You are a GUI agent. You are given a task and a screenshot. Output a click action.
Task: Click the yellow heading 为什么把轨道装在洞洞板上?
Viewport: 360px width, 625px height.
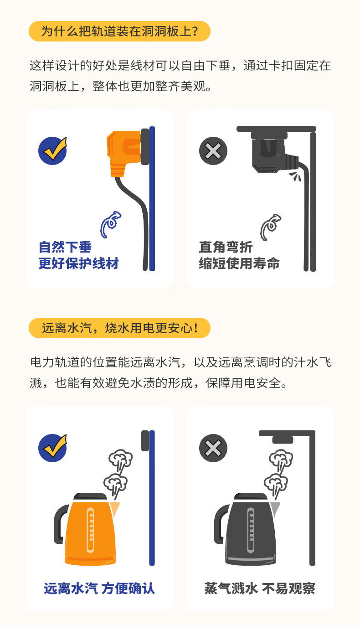(119, 31)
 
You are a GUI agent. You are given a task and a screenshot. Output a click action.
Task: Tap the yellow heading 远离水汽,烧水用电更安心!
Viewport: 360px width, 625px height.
(119, 328)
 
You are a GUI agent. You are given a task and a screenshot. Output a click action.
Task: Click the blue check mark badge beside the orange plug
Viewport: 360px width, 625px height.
(53, 151)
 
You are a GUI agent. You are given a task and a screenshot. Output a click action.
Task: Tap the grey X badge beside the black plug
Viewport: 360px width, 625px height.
(213, 151)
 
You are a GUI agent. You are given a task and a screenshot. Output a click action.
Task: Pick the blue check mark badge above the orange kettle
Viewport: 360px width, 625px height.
(53, 448)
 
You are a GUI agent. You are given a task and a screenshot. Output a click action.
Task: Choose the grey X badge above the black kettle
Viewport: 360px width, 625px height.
(213, 448)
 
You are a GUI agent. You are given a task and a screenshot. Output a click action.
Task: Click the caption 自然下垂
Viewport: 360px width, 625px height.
(65, 247)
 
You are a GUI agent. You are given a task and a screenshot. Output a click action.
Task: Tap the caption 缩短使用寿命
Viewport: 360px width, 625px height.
(239, 263)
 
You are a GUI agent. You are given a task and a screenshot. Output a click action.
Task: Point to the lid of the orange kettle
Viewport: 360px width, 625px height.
(90, 497)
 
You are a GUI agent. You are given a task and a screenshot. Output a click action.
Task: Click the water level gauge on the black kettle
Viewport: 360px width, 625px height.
(251, 530)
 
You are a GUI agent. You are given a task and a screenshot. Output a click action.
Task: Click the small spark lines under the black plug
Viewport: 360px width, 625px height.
(295, 176)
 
